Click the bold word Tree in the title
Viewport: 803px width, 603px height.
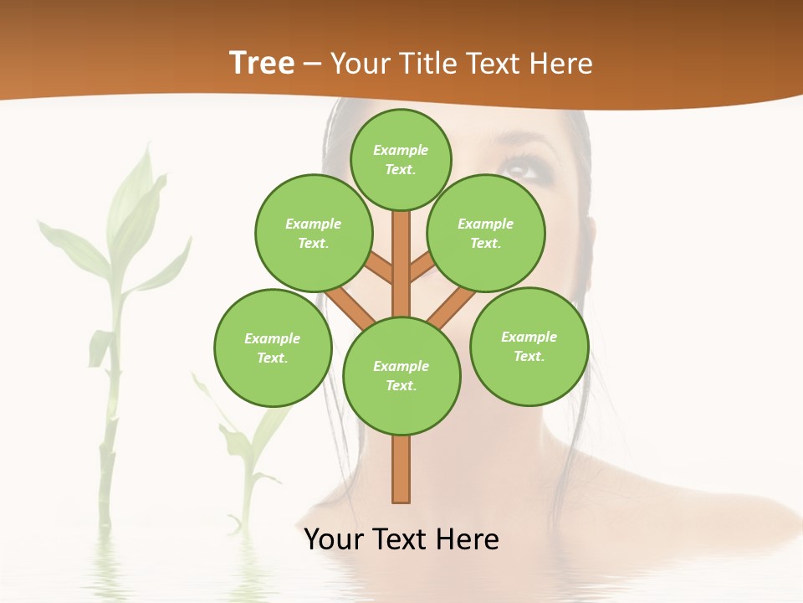point(262,63)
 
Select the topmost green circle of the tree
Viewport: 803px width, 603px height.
point(401,159)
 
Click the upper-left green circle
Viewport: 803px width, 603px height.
point(314,233)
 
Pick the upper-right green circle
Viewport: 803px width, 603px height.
point(486,233)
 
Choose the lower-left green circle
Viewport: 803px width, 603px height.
point(273,348)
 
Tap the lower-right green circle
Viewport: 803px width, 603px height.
point(529,346)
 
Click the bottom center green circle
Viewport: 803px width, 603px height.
point(401,376)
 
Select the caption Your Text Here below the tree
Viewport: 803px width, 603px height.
point(401,539)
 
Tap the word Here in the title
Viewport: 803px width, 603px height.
point(565,64)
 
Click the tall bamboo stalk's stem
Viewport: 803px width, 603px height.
point(107,435)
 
